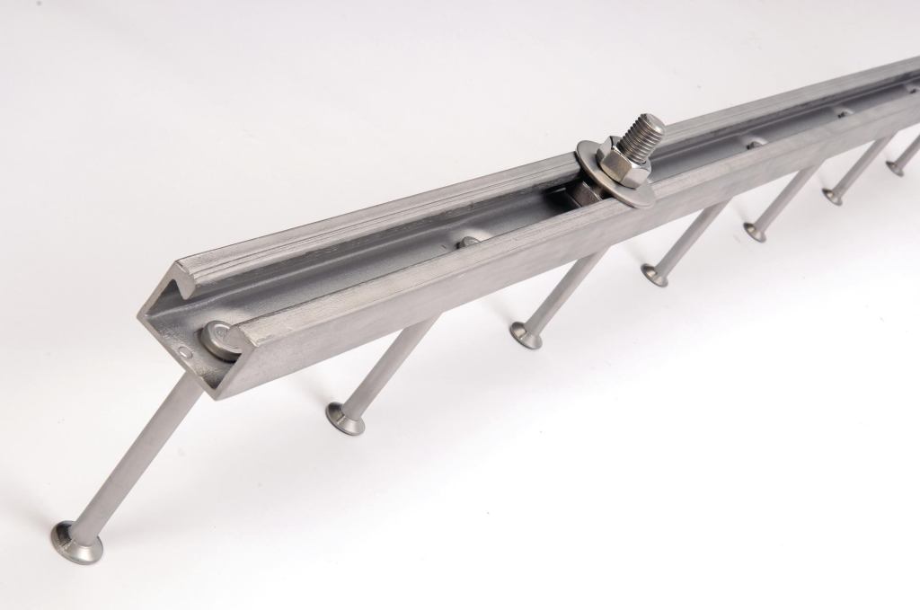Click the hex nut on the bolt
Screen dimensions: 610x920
[619, 163]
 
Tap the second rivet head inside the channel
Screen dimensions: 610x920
[468, 241]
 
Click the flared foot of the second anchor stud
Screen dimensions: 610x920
[346, 418]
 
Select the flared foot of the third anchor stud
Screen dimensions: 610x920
[526, 335]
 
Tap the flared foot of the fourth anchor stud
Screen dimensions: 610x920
[655, 275]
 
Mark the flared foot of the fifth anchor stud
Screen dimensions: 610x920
[756, 233]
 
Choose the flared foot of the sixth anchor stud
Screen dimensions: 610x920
[833, 196]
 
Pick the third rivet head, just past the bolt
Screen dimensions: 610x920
[755, 143]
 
